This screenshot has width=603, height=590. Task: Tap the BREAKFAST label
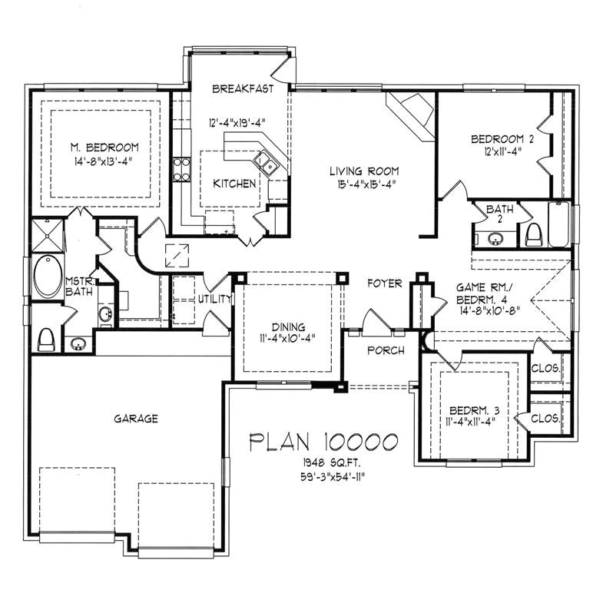tap(243, 89)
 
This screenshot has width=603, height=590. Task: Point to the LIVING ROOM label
tap(364, 171)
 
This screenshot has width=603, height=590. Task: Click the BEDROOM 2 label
tap(502, 139)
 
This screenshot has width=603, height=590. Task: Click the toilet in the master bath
tap(46, 336)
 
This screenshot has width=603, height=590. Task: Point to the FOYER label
tap(384, 283)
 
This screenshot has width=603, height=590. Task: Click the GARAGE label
tap(136, 419)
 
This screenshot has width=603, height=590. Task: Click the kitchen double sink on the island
tap(267, 162)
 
